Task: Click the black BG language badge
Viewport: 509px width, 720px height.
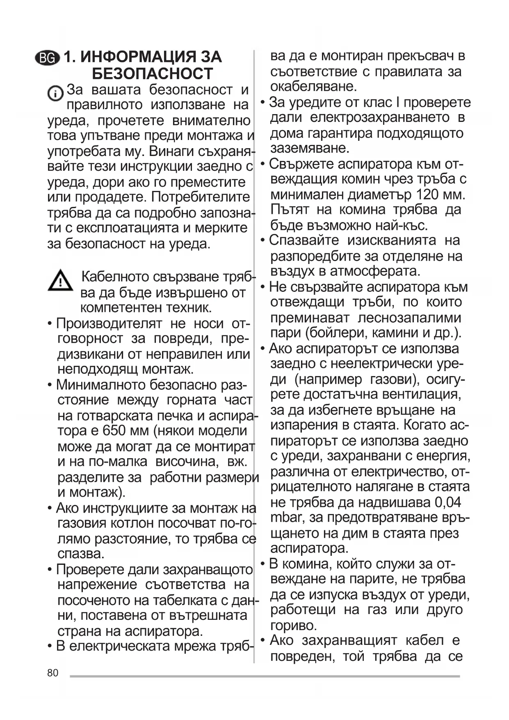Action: coord(47,58)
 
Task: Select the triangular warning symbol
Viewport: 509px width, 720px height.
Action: coord(60,281)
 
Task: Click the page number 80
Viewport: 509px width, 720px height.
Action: coord(53,673)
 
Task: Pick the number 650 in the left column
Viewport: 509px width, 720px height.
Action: coord(114,431)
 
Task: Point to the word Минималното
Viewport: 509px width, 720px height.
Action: coord(100,385)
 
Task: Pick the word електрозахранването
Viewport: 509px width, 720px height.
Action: coord(380,118)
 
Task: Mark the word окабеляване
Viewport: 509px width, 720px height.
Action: coord(314,87)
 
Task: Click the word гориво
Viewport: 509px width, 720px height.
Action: coord(294,626)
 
